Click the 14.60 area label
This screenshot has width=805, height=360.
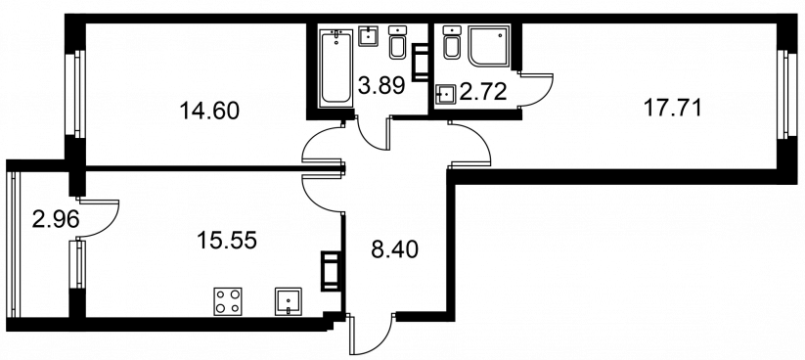(209, 111)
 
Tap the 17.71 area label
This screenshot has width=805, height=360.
(672, 109)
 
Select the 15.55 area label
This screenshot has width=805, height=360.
(227, 240)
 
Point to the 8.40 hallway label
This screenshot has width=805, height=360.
(394, 249)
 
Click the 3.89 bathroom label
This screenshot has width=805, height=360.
(381, 85)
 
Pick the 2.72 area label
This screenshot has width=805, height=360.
(483, 92)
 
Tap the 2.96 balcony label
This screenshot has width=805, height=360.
(56, 220)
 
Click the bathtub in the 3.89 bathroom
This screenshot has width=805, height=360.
(335, 68)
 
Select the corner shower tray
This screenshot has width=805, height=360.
(489, 46)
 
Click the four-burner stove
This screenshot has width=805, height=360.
(228, 301)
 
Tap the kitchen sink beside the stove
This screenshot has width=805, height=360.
(288, 301)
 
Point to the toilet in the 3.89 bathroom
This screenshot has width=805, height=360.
(397, 42)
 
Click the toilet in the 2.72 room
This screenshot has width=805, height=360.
(451, 42)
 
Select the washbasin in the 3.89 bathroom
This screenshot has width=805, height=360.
(368, 35)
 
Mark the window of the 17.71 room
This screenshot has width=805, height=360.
(783, 94)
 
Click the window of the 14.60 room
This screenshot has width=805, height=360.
(74, 94)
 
